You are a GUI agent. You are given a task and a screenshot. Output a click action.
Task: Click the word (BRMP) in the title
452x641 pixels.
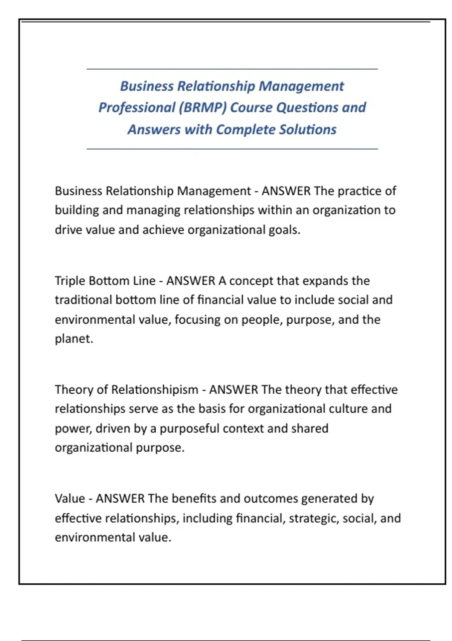tap(203, 108)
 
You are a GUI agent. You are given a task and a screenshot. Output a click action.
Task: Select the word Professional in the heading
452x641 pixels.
tap(136, 108)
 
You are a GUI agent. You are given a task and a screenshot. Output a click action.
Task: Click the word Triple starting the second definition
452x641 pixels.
tap(70, 281)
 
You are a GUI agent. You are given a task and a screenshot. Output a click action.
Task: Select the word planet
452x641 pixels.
tap(73, 339)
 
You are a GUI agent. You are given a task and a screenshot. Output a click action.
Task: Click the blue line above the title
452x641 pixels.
tap(232, 69)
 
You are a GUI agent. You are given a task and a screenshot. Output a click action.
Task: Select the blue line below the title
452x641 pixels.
tap(232, 149)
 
